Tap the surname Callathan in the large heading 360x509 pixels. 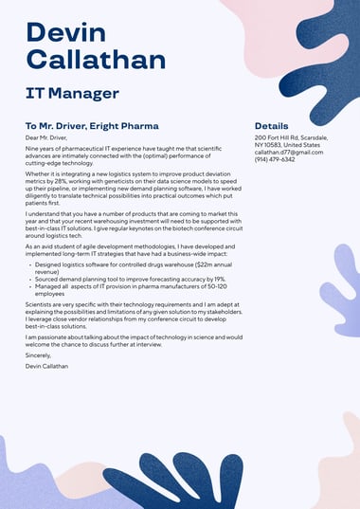(96, 61)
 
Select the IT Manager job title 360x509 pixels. (72, 93)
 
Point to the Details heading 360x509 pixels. (271, 125)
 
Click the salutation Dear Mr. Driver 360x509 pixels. (47, 138)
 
